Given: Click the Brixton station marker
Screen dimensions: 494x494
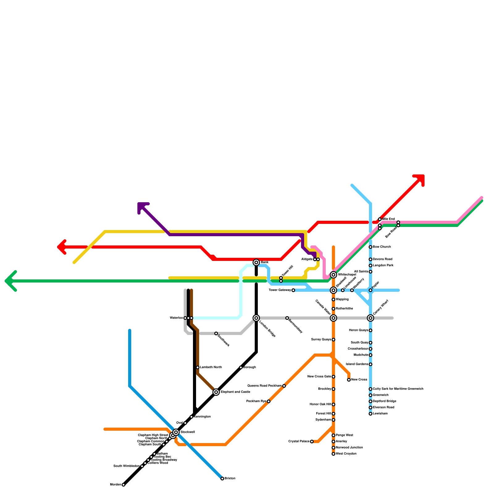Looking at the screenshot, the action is (222, 479).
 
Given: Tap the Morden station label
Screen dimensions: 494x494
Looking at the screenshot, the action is (115, 485).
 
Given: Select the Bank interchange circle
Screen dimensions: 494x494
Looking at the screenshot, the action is (256, 262).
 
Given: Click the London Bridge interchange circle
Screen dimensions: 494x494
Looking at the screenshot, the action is (256, 318).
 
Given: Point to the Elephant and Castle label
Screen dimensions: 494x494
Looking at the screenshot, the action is (235, 392).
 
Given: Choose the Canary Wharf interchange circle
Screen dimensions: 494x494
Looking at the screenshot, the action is (371, 318).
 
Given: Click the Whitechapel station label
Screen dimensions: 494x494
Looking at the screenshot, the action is (347, 275).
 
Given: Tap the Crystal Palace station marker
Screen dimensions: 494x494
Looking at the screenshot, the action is (312, 442).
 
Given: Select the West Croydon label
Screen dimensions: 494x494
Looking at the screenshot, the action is (346, 454).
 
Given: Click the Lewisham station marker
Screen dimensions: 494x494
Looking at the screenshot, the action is (371, 414).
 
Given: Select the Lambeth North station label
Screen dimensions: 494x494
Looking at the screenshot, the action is (211, 367).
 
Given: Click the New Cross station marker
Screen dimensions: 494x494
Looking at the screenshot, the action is (349, 380).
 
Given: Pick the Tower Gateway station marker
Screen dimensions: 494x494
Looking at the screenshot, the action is (293, 290).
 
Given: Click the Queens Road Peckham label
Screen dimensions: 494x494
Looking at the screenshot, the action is (265, 386).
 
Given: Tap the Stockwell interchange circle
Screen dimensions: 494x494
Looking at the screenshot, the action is (176, 432).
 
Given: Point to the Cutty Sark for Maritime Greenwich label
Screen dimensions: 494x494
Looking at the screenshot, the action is (398, 389).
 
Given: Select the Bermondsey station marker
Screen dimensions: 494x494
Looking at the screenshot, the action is (287, 318).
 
